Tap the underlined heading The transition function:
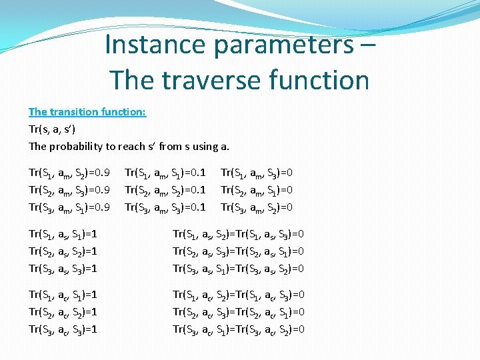click(x=87, y=112)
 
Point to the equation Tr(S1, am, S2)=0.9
click(x=70, y=173)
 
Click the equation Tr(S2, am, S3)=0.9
click(x=70, y=190)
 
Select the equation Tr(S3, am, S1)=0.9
click(x=70, y=207)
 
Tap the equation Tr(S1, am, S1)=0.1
click(x=166, y=173)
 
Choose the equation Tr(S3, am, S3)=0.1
click(x=166, y=207)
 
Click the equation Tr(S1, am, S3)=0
click(x=257, y=173)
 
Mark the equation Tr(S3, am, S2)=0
click(x=257, y=207)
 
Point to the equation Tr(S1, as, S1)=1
click(x=63, y=234)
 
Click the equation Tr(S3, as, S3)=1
click(x=63, y=269)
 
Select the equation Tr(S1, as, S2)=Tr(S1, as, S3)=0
click(x=239, y=234)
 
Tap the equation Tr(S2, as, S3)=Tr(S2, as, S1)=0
click(x=239, y=251)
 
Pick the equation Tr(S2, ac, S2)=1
click(x=63, y=312)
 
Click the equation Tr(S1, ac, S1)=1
click(x=63, y=295)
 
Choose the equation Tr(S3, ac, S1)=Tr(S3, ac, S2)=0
click(x=239, y=329)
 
